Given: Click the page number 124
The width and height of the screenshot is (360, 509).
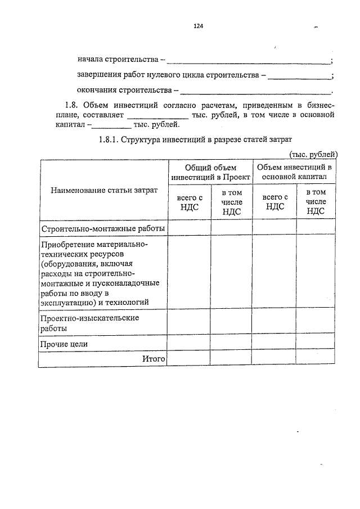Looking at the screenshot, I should click(197, 26).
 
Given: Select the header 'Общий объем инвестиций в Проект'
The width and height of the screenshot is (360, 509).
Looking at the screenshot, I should click(210, 172).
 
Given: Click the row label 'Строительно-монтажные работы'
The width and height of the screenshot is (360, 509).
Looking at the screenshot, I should click(102, 228).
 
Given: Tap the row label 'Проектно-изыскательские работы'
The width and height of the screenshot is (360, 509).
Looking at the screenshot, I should click(90, 323).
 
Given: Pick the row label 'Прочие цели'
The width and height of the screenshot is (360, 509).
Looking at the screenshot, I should click(64, 344).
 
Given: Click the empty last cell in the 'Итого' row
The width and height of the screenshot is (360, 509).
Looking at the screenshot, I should click(317, 358).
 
